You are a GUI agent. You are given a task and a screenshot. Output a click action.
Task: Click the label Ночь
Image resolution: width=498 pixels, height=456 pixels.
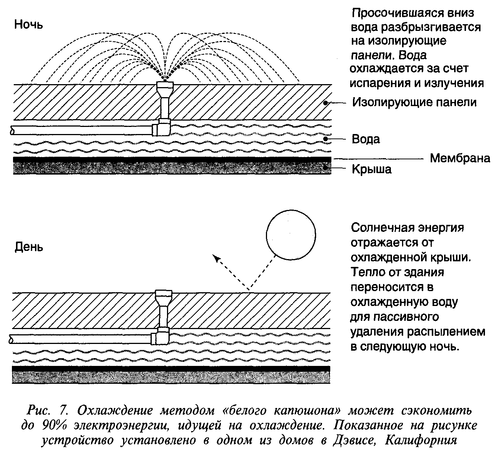click(28, 25)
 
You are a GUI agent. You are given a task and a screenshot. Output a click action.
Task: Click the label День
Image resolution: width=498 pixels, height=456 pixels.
click(29, 247)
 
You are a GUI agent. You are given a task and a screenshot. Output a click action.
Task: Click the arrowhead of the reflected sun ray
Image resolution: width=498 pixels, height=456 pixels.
click(217, 258)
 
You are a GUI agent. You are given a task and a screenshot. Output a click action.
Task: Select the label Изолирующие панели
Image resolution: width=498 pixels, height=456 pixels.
click(414, 102)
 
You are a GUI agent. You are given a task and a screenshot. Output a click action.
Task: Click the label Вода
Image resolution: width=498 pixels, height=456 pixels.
click(366, 139)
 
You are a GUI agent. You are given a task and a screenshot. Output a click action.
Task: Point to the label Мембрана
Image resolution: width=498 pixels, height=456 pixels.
click(460, 158)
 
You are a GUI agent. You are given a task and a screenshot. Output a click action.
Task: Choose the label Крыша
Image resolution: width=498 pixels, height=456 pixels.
click(372, 169)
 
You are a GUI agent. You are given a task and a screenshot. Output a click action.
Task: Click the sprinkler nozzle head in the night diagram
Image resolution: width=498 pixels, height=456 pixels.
click(165, 86)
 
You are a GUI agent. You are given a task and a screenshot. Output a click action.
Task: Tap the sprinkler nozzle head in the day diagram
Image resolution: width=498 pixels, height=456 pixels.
click(163, 296)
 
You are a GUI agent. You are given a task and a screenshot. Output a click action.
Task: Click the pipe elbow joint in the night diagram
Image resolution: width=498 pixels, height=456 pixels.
click(161, 128)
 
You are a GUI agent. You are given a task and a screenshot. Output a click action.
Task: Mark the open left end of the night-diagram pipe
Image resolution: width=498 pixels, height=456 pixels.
click(12, 130)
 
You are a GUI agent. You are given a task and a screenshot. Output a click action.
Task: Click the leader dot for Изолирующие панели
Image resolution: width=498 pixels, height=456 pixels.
click(326, 103)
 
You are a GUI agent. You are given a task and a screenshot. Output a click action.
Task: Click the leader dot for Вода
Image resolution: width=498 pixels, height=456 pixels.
click(326, 139)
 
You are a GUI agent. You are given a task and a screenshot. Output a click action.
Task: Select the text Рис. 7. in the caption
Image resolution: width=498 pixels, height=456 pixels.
click(47, 411)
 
